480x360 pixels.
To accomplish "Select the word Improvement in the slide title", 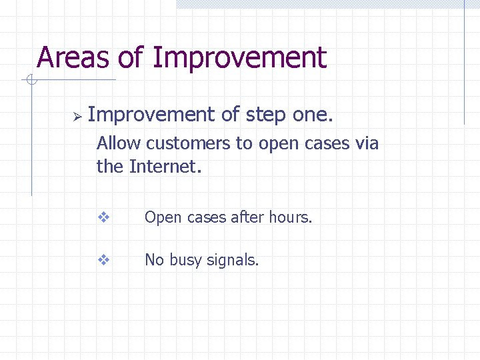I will pyautogui.click(x=239, y=58).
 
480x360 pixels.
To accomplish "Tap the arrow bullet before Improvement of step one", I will pyautogui.click(x=76, y=117).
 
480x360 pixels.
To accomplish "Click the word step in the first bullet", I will pyautogui.click(x=266, y=115).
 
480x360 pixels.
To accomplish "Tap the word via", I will pyautogui.click(x=366, y=143).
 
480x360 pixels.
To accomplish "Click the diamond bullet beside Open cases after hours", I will pyautogui.click(x=103, y=217).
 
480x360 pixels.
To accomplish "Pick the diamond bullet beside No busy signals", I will pyautogui.click(x=103, y=260).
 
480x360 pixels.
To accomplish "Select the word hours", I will pyautogui.click(x=290, y=217).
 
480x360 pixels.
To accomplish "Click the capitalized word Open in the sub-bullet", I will pyautogui.click(x=160, y=218).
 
